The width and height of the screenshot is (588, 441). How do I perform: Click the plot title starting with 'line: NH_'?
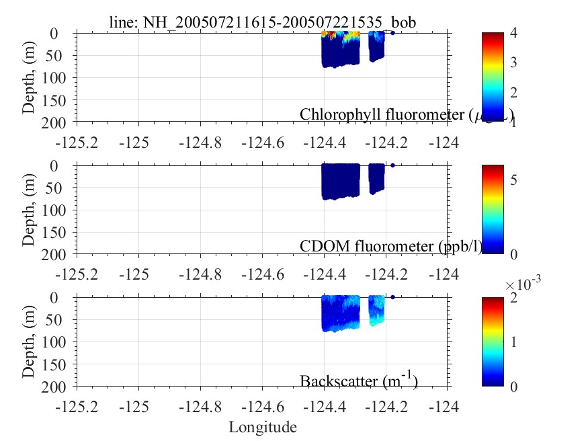tap(263, 22)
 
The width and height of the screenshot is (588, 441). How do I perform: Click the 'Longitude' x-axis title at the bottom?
tap(263, 427)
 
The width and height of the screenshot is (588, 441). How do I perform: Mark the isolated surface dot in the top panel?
tap(392, 33)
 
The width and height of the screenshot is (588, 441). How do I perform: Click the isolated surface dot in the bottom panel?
tap(392, 297)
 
